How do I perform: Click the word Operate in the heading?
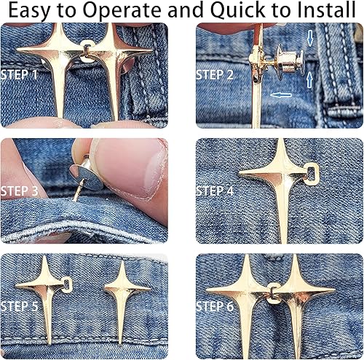tap(122, 10)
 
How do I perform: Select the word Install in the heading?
tap(325, 9)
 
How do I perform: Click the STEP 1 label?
tap(20, 74)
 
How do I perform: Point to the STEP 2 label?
tap(215, 74)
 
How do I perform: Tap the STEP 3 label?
tap(20, 191)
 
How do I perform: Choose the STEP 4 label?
tap(215, 191)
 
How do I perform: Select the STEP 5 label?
tap(20, 306)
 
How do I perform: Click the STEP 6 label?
tap(215, 306)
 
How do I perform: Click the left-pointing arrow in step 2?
tap(281, 95)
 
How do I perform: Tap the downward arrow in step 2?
tap(310, 38)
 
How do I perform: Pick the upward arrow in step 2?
tap(309, 80)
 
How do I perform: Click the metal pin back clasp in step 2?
tap(289, 63)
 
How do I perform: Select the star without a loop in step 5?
tap(126, 300)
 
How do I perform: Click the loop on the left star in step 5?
tap(67, 284)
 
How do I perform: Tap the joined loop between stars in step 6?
tap(273, 293)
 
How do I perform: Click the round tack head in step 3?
tap(87, 176)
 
